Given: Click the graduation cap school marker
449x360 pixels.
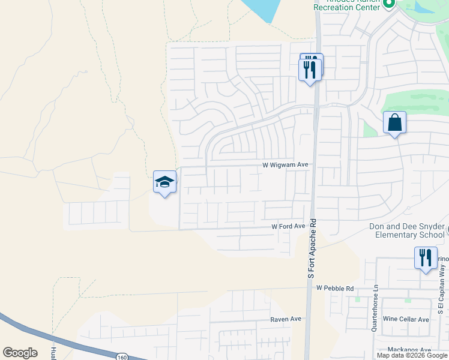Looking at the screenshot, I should point(165,182).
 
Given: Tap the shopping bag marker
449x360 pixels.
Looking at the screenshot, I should point(395,123).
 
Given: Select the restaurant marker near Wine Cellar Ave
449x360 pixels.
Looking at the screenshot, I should point(426,258).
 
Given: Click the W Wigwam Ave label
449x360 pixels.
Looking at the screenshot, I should point(285,164).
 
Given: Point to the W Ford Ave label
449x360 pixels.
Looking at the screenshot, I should point(288,226).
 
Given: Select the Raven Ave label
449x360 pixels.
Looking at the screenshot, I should point(285,319).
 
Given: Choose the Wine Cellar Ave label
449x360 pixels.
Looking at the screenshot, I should point(406,319).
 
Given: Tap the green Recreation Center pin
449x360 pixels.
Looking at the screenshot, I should point(388,4).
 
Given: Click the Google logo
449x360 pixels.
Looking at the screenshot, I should point(20,353).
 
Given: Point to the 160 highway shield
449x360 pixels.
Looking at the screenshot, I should point(122,356).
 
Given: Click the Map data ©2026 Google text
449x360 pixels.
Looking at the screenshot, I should point(412,355).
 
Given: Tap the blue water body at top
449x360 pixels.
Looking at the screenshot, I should point(262,9).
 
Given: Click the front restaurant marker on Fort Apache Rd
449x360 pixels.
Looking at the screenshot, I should point(310,71).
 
